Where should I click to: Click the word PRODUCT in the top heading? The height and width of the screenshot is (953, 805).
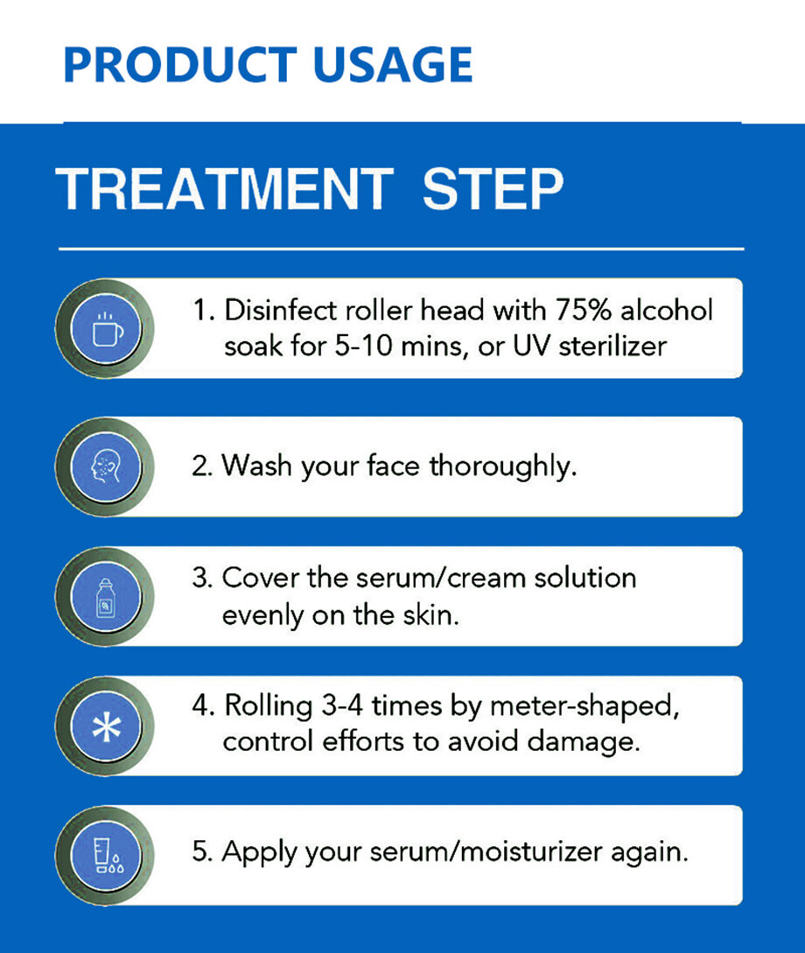tap(180, 65)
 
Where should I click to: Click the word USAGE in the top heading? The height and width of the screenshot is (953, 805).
tap(393, 65)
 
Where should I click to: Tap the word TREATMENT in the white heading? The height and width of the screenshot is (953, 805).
tap(225, 189)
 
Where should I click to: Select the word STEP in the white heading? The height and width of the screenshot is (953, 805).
tap(493, 189)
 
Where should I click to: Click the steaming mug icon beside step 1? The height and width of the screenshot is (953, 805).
tap(107, 329)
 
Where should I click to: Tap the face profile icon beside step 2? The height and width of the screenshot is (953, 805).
tap(107, 466)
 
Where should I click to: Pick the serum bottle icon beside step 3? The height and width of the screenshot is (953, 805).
tap(106, 598)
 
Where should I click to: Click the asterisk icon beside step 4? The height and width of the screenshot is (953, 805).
tap(107, 727)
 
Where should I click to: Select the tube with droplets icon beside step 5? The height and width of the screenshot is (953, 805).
tap(108, 856)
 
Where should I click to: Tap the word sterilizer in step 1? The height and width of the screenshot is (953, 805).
tap(612, 347)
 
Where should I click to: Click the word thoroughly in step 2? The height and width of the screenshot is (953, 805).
tap(503, 466)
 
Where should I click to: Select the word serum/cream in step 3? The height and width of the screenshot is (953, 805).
tap(440, 578)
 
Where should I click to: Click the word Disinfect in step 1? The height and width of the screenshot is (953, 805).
tap(281, 310)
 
